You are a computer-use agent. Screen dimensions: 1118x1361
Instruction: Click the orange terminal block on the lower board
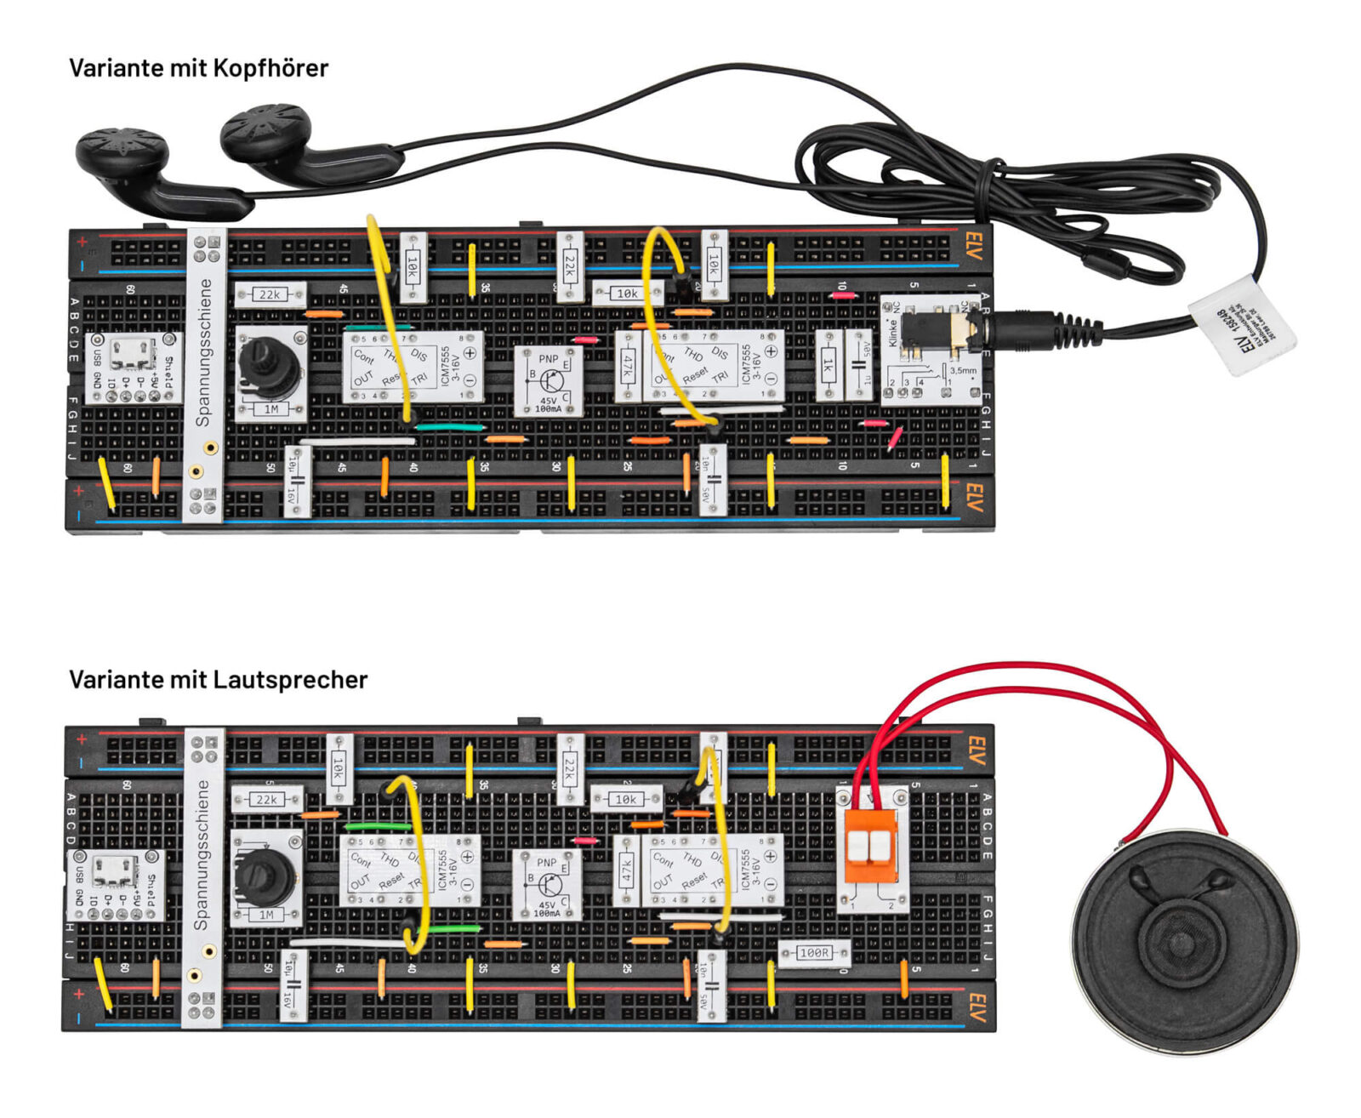(870, 846)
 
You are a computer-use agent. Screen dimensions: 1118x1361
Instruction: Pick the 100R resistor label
(814, 952)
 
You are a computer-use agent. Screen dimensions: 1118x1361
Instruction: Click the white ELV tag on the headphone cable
(1242, 323)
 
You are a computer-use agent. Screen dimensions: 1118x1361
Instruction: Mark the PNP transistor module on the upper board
(549, 380)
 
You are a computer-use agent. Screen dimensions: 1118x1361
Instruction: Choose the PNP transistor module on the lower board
(546, 885)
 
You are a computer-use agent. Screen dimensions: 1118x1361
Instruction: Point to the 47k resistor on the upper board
(629, 367)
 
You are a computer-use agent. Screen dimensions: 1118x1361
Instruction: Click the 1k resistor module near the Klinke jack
(828, 365)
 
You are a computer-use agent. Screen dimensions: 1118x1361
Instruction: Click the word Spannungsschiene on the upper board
(204, 352)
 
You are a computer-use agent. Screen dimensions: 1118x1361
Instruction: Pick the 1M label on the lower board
(266, 915)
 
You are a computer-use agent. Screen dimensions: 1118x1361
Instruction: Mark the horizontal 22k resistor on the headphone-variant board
(270, 294)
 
